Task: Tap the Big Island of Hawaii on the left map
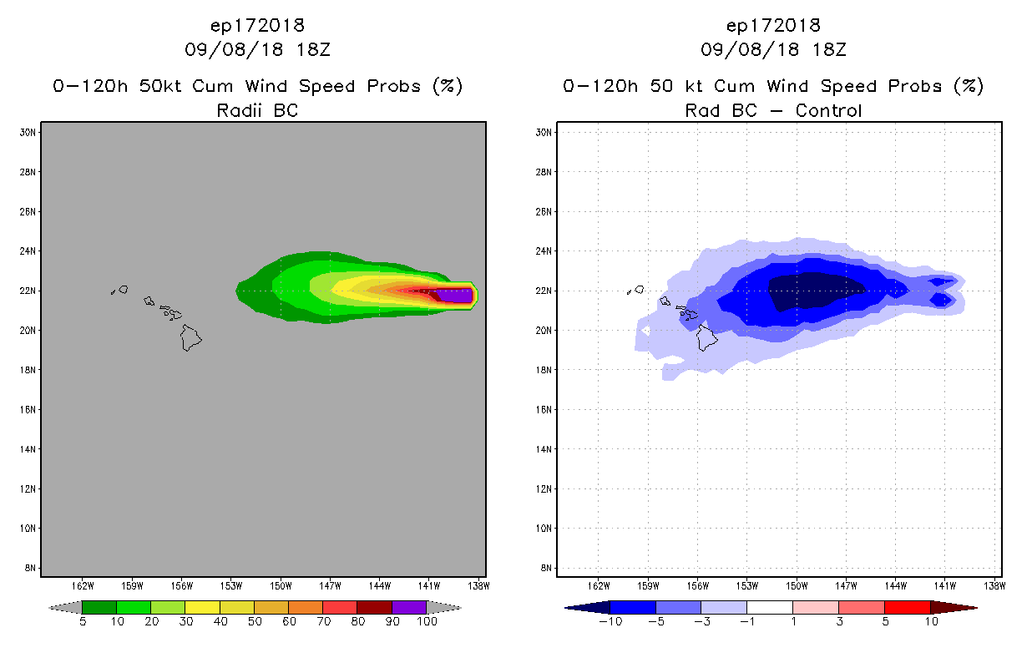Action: [191, 337]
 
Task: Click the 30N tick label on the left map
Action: [28, 132]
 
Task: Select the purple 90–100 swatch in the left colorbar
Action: [409, 607]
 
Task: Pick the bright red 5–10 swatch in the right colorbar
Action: [907, 607]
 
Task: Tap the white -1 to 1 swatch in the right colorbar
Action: [769, 607]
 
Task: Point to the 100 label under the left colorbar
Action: [427, 622]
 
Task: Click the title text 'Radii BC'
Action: [257, 109]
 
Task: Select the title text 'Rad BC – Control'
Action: [773, 109]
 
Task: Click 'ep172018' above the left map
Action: [257, 25]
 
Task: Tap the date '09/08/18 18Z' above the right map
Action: [773, 49]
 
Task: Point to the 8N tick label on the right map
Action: [544, 568]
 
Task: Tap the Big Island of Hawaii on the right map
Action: [707, 337]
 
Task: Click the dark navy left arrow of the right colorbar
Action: [585, 607]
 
